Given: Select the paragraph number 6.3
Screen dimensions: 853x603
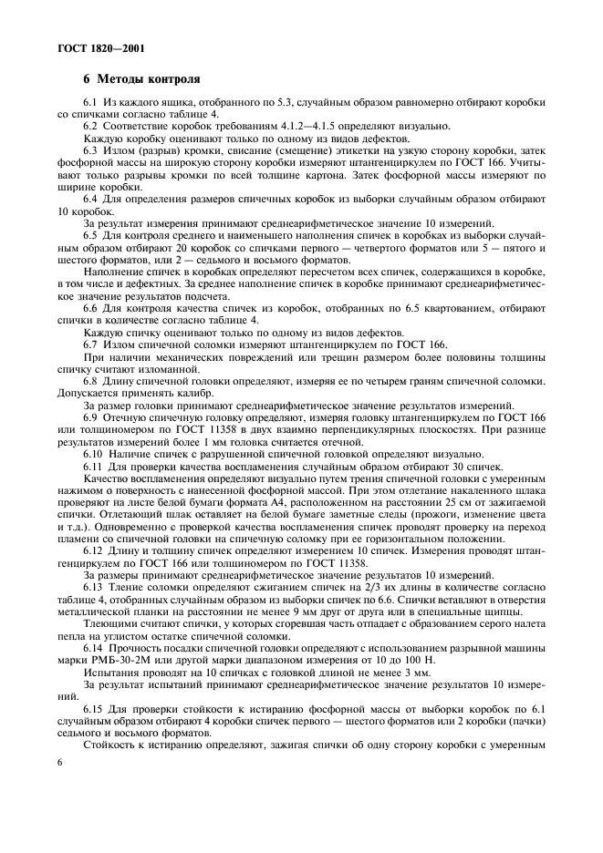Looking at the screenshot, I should click(91, 148).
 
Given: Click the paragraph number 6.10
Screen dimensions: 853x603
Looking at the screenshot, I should click(95, 453).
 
